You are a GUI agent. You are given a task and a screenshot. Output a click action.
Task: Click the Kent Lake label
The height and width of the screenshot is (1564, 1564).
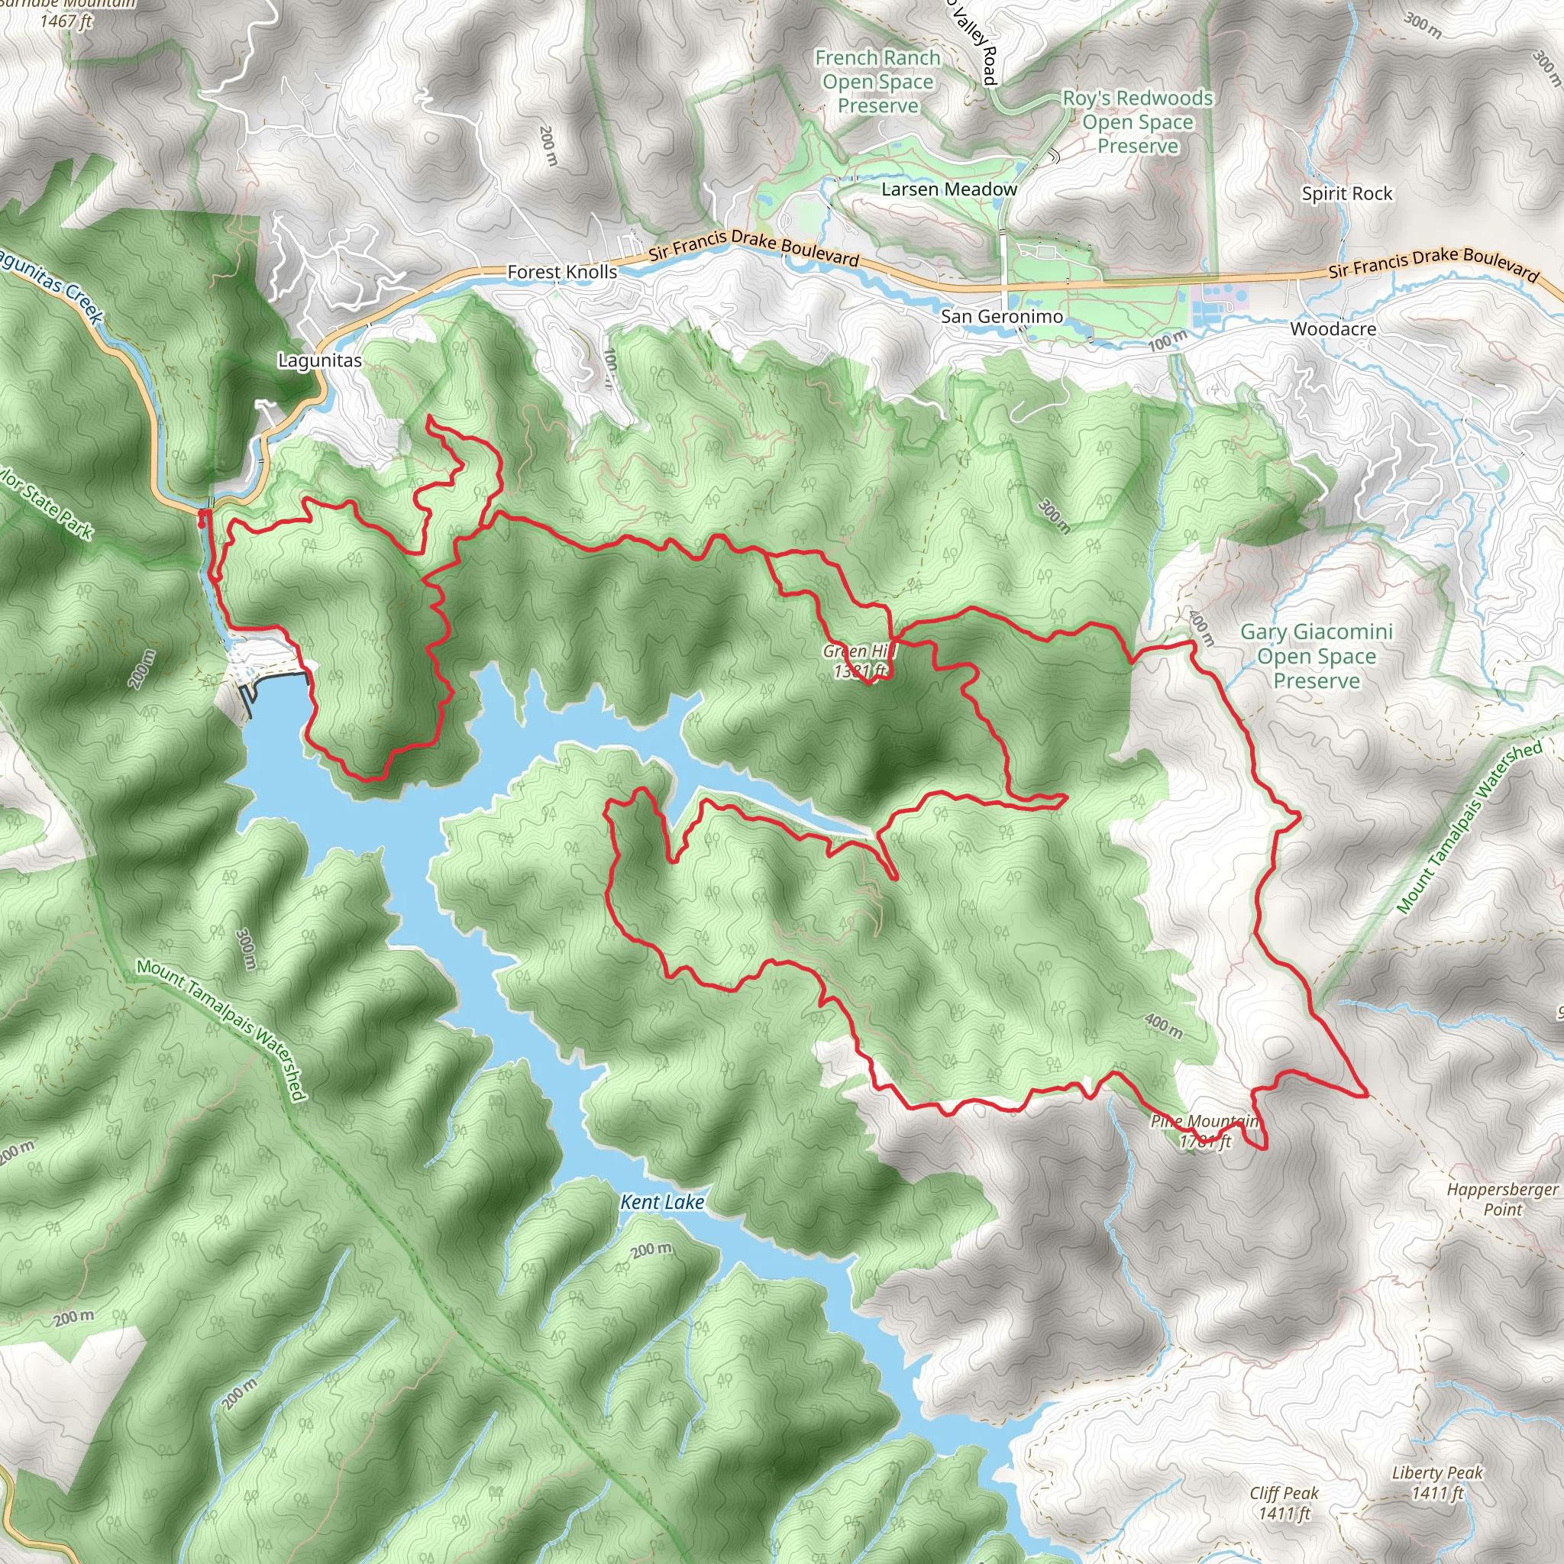coord(661,1202)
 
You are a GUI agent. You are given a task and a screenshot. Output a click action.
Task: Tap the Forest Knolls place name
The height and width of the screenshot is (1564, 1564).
coord(562,272)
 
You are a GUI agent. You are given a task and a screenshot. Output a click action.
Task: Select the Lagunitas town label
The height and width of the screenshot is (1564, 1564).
coord(320,360)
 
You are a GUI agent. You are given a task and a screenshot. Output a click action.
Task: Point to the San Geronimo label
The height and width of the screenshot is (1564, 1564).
coord(1001,316)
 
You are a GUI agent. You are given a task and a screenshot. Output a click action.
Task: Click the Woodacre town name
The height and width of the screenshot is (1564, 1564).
coord(1333,328)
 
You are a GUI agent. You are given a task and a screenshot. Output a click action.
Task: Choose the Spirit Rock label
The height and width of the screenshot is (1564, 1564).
coord(1346,193)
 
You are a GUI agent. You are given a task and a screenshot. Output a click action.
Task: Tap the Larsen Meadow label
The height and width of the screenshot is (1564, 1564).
coord(948,189)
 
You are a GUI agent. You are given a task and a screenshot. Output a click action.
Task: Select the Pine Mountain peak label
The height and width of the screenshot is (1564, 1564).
coord(1204,1131)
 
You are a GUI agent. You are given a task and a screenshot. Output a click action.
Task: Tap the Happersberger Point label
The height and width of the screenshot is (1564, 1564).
coord(1501,1199)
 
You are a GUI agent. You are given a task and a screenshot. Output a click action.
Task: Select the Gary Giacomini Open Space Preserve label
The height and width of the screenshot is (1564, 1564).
coord(1317,656)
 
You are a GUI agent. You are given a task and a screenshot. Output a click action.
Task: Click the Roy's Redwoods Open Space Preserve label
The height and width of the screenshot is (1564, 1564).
coord(1137,121)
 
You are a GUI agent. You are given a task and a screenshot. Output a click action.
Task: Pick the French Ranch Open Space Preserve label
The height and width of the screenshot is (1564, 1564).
coord(877,82)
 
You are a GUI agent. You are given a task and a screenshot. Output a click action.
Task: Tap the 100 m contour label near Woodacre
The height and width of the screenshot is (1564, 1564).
coord(1168,341)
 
